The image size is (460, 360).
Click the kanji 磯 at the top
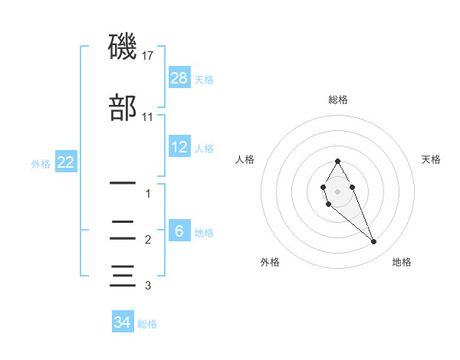123,47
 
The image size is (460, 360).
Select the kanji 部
123,106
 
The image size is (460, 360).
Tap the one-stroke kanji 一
123,184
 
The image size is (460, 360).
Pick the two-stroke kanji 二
123,229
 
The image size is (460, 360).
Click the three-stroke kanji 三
123,274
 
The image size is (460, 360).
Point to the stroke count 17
148,56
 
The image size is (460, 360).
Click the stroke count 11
148,117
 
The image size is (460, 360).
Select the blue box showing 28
179,77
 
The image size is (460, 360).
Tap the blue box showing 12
179,147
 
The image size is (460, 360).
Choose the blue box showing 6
179,231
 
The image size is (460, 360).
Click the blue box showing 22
64,162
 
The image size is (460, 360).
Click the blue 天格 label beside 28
204,79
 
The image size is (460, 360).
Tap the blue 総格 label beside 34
147,324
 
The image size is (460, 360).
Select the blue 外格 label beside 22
41,164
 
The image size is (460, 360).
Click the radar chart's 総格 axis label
338,100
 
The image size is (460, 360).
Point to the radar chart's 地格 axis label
402,262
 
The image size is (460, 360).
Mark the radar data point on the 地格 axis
373,242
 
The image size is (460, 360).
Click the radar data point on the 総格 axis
337,161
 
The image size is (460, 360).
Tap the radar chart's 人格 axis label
245,159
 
